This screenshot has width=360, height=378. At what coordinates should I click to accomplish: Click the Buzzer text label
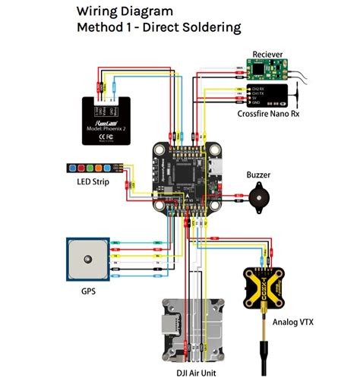(x=257, y=174)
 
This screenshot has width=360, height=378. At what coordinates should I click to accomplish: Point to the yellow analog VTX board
(x=273, y=288)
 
